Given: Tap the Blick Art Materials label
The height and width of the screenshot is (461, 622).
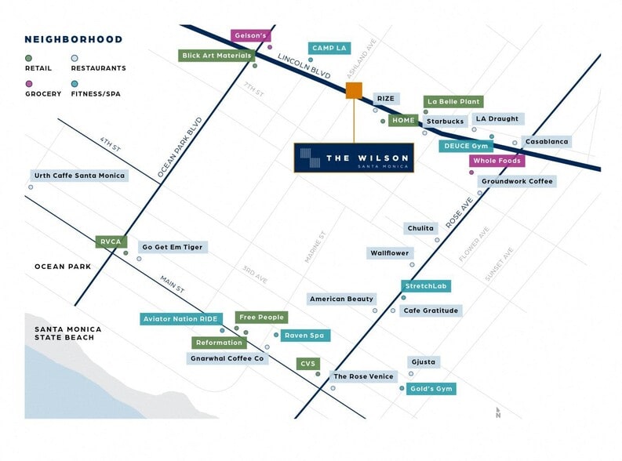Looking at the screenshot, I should (x=216, y=56).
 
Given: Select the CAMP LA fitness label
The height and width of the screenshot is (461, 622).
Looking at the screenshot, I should (x=329, y=49).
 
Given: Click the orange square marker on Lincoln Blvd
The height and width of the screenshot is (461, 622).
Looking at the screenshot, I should (x=354, y=90).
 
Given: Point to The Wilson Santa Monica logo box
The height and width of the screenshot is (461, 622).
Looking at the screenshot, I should (x=355, y=158).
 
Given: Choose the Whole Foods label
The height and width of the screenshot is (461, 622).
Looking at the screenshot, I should (x=497, y=161).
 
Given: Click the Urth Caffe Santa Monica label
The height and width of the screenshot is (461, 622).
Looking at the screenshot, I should (x=78, y=176).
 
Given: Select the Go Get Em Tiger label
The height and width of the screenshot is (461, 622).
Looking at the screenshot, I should (x=173, y=247).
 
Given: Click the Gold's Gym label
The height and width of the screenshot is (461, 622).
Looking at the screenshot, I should (x=431, y=389).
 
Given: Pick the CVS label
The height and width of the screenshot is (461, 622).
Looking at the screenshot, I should (x=308, y=364).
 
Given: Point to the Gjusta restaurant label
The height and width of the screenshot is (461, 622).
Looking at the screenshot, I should (x=422, y=362).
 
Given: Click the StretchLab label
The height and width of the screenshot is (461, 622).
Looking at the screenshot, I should (x=426, y=287).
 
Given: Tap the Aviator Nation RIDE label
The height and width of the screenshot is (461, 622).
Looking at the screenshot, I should (x=180, y=319).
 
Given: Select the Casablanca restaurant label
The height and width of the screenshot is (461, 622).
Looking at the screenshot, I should (x=547, y=141).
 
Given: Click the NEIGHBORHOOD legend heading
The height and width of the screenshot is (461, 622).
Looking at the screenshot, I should (x=73, y=39).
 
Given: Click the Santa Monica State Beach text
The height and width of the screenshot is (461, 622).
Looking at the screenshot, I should (x=64, y=333).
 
